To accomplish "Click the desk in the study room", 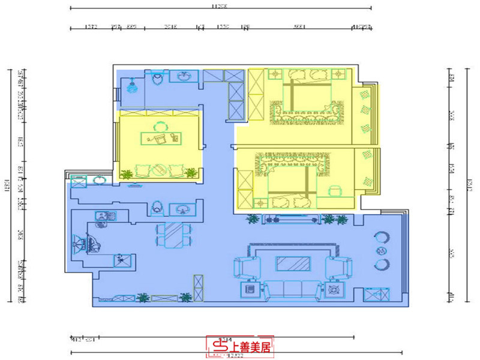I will coord(161,138).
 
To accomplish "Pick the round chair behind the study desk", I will coord(161,127).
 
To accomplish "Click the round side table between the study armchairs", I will coord(160,170).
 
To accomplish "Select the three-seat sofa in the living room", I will coord(292,290).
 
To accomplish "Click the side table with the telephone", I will coord(250,290).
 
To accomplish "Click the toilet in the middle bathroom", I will coord(157,206).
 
